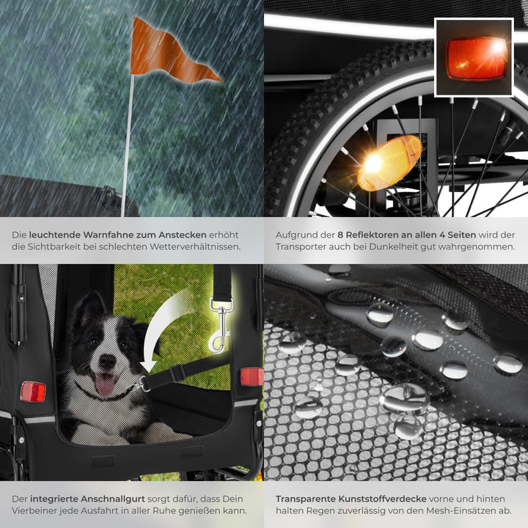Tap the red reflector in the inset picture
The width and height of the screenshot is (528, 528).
(x=476, y=59)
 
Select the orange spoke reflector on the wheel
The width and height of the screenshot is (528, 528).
(x=389, y=163)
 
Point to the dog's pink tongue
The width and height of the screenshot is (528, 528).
(x=105, y=384)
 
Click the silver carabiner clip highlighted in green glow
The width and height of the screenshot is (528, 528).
(x=220, y=326)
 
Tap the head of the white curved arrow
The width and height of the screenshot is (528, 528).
(x=148, y=367)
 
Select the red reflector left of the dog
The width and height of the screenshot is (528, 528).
(x=33, y=392)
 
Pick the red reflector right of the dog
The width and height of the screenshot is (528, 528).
(x=252, y=377)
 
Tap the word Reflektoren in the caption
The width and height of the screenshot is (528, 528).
(x=373, y=235)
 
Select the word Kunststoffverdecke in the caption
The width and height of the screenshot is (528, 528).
(x=383, y=499)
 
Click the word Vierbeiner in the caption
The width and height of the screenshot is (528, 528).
(x=34, y=510)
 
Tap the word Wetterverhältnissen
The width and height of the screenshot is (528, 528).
(x=195, y=246)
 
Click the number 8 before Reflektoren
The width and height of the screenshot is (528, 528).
(x=340, y=235)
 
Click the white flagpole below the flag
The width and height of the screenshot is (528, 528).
(x=128, y=145)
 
